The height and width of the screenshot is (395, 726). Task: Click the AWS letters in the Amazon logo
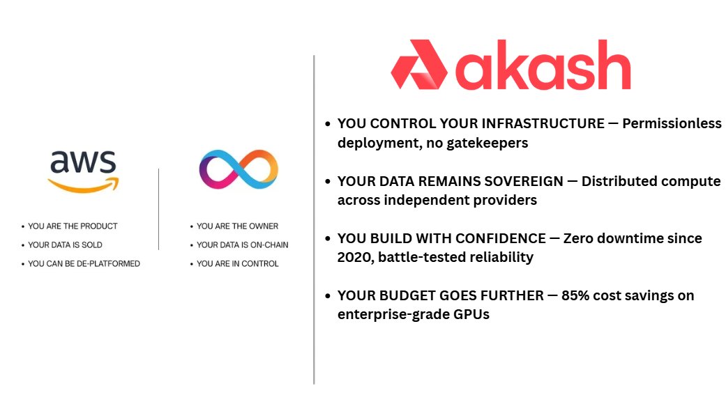(82, 162)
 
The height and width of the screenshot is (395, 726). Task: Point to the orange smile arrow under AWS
(84, 185)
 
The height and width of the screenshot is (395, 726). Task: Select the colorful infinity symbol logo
(239, 169)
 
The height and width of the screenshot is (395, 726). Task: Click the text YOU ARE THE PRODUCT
(73, 226)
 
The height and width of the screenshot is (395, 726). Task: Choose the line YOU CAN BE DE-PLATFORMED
(84, 264)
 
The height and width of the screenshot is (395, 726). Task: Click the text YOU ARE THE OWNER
(237, 226)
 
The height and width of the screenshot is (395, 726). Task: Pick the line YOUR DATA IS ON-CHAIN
(242, 245)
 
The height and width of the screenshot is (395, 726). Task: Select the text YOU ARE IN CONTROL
(237, 264)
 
